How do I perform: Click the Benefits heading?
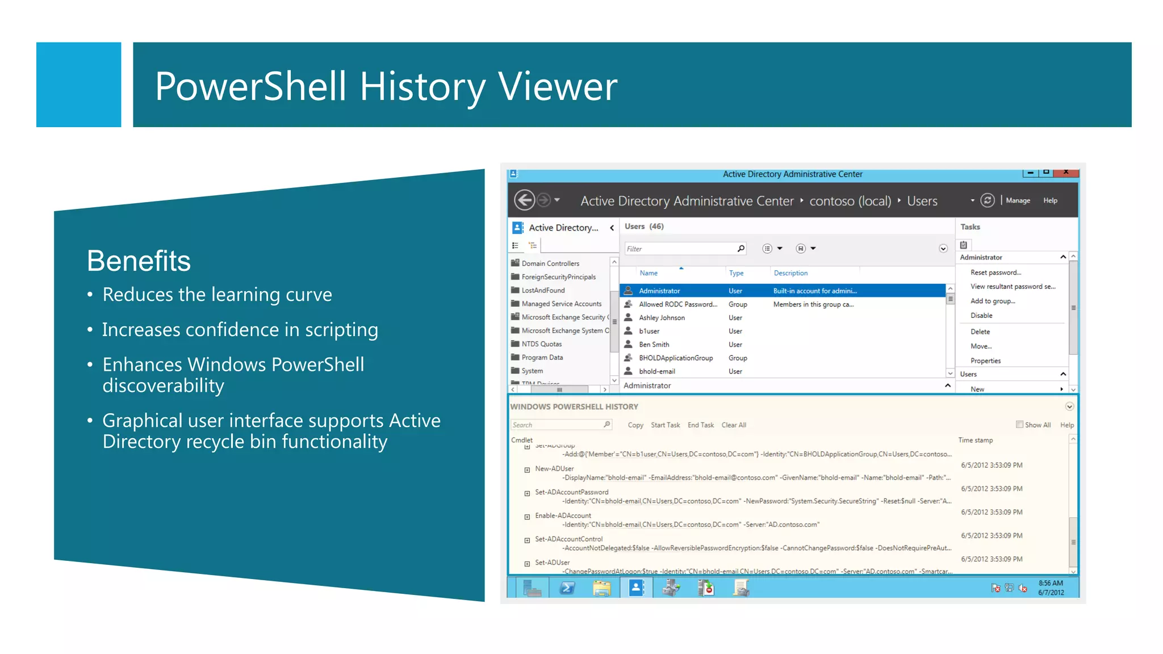coord(139,261)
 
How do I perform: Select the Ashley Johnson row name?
coord(662,318)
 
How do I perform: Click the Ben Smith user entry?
coord(654,345)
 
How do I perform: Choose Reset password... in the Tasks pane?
coord(995,272)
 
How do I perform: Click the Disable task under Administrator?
coord(981,316)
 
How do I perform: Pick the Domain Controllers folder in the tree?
coord(550,263)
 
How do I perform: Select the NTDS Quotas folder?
coord(541,344)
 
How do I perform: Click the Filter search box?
coord(680,249)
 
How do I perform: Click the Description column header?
coord(790,273)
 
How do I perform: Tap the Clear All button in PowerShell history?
coord(734,425)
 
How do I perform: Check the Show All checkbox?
coord(1019,425)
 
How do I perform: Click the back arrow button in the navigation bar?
coord(524,200)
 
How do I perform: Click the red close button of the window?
coord(1066,172)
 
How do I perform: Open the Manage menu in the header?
coord(1018,200)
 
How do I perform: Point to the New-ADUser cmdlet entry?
coord(554,469)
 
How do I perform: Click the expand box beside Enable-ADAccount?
coord(527,517)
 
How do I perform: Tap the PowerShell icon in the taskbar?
coord(567,588)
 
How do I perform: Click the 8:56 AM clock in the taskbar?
coord(1051,584)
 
